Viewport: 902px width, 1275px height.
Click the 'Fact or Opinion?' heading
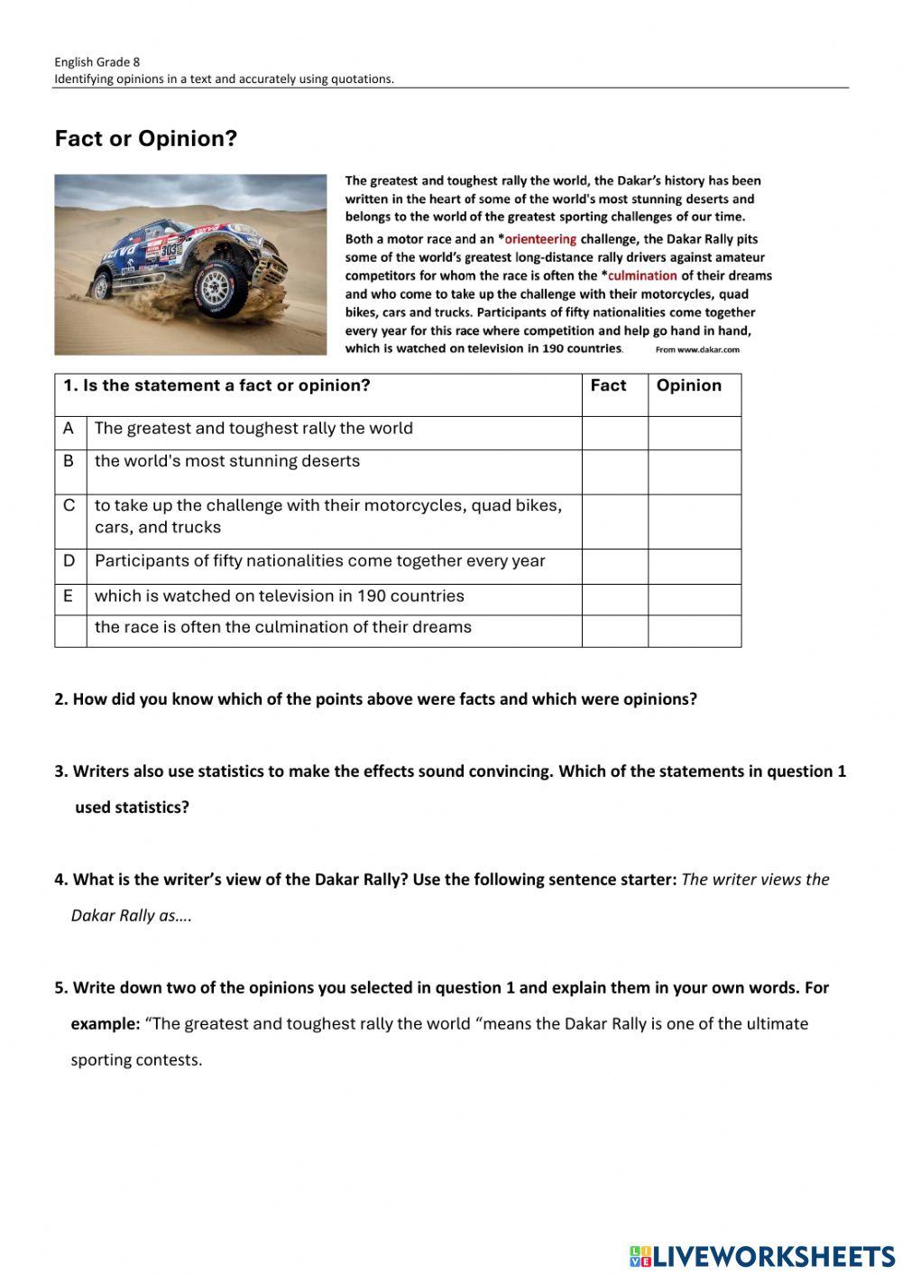tap(145, 139)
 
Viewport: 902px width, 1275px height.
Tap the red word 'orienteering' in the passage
tap(540, 239)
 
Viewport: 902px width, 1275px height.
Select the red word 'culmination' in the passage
tap(642, 275)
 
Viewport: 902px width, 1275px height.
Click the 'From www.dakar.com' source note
tap(697, 349)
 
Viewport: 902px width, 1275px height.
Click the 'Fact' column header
tap(608, 385)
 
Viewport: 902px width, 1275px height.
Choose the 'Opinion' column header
tap(689, 385)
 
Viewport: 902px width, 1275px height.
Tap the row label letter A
tap(69, 429)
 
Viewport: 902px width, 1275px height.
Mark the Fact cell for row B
tap(614, 471)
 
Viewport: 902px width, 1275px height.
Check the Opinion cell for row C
tap(695, 521)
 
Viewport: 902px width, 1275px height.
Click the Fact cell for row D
tap(614, 566)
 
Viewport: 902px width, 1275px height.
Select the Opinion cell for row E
tap(695, 599)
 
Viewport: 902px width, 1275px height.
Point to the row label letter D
tap(69, 560)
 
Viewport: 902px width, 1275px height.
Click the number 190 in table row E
tap(372, 596)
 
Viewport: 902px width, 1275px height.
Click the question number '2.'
tap(61, 699)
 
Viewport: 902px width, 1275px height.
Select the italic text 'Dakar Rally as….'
tap(132, 916)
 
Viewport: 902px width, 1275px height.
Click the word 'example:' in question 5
tap(106, 1024)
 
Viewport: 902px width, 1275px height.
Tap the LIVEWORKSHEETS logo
tap(762, 1256)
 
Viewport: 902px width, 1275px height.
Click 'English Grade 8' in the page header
tap(97, 62)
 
